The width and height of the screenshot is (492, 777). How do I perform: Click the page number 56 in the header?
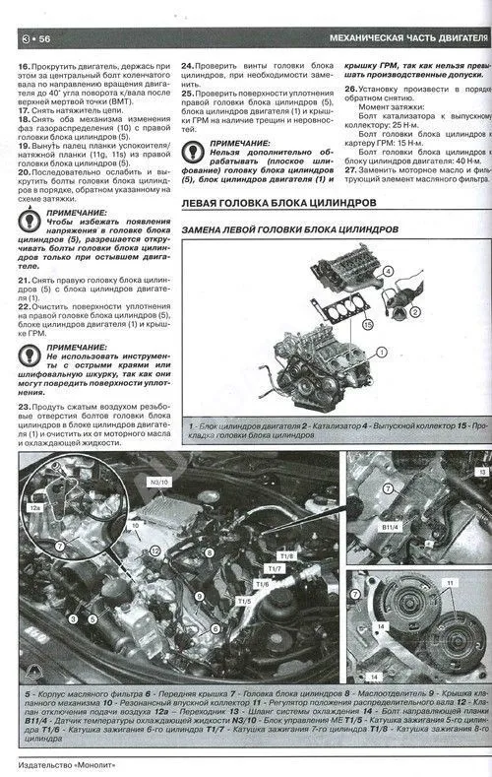[x=43, y=38]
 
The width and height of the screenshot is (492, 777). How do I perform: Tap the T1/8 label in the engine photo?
[x=287, y=555]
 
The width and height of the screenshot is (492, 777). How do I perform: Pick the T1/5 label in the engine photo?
[x=244, y=600]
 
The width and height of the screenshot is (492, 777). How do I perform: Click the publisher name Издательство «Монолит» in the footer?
[x=70, y=760]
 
